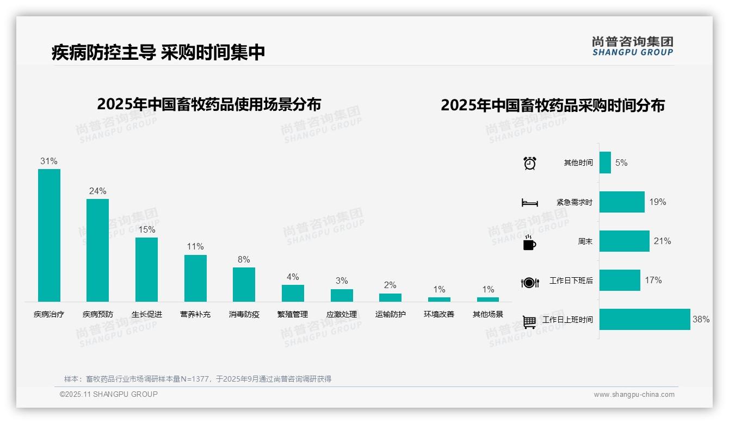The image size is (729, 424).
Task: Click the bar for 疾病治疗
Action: (49, 235)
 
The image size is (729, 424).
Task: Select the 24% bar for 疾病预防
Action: (98, 250)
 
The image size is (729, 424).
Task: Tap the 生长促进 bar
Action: (146, 269)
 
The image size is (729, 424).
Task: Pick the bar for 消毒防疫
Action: (244, 284)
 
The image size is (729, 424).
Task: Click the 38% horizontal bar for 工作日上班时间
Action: (645, 320)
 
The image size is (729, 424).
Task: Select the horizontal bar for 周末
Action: (625, 241)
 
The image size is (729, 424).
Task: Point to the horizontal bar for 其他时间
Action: (605, 163)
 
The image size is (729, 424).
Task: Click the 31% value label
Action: (49, 161)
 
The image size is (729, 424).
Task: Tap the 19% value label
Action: (658, 202)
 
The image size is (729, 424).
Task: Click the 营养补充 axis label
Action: (195, 314)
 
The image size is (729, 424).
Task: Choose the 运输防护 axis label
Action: (391, 314)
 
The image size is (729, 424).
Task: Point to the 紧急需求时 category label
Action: (574, 202)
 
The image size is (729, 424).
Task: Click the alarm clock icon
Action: (530, 163)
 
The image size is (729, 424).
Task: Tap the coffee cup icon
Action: (529, 242)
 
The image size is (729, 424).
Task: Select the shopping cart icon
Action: (529, 322)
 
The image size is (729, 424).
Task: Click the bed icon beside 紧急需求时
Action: (529, 203)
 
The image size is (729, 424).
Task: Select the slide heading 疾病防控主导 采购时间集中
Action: (158, 52)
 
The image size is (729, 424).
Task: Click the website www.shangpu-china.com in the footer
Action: (634, 395)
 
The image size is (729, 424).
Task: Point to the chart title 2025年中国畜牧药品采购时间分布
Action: (553, 105)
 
